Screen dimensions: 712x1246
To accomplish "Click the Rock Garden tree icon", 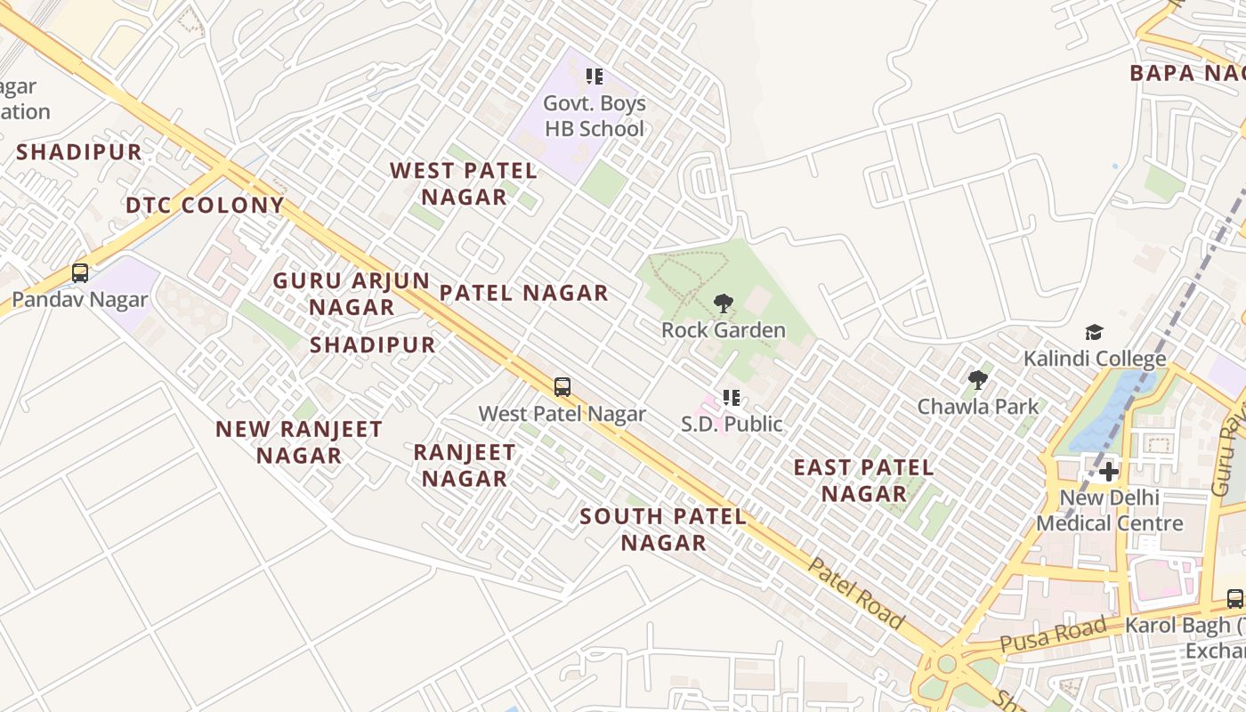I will [x=724, y=303].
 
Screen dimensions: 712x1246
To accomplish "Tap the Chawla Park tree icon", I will [x=978, y=380].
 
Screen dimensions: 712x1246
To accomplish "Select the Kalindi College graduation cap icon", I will [x=1094, y=333].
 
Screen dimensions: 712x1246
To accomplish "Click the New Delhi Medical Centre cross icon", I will [x=1109, y=471].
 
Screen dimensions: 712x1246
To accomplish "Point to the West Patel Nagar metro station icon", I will [x=562, y=387].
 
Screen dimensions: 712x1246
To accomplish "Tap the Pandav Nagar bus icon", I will [x=80, y=273].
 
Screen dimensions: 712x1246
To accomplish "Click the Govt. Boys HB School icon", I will [x=594, y=77].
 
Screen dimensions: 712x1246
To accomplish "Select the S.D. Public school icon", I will [x=732, y=398].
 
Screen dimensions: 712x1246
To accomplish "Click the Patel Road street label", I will [x=856, y=594].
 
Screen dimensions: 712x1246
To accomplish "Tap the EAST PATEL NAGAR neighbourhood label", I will [x=863, y=480].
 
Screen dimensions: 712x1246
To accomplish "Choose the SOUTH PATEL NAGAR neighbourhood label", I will [x=663, y=529].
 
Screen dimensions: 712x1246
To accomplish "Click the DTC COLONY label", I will [x=205, y=206].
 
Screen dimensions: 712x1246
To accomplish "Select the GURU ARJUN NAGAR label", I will [x=351, y=294].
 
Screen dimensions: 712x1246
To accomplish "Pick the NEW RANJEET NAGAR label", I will [x=299, y=441].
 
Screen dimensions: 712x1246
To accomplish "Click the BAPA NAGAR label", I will [x=1186, y=74].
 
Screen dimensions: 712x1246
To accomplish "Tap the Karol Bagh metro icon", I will [x=1234, y=598].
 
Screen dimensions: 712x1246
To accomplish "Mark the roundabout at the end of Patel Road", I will [x=946, y=664].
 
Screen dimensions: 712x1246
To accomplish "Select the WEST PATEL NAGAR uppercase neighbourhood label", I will [x=464, y=183].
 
